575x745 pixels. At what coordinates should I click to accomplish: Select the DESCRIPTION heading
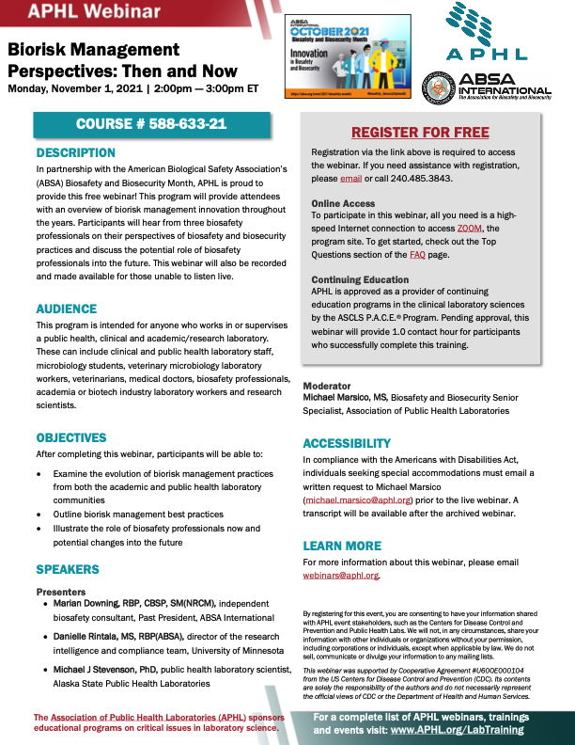click(x=76, y=152)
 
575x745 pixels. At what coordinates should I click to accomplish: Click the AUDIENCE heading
click(x=67, y=309)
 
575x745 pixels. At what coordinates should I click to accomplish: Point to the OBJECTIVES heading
click(x=71, y=437)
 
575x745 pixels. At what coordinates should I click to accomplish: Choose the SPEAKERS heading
click(x=68, y=569)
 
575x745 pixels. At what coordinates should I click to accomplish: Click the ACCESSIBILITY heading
click(x=347, y=443)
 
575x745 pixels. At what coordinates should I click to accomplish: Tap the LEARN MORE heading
click(x=342, y=546)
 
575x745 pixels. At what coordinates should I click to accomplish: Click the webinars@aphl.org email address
click(x=340, y=575)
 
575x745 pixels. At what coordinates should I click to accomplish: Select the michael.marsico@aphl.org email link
click(x=358, y=500)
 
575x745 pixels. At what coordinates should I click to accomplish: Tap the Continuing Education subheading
click(x=360, y=279)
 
